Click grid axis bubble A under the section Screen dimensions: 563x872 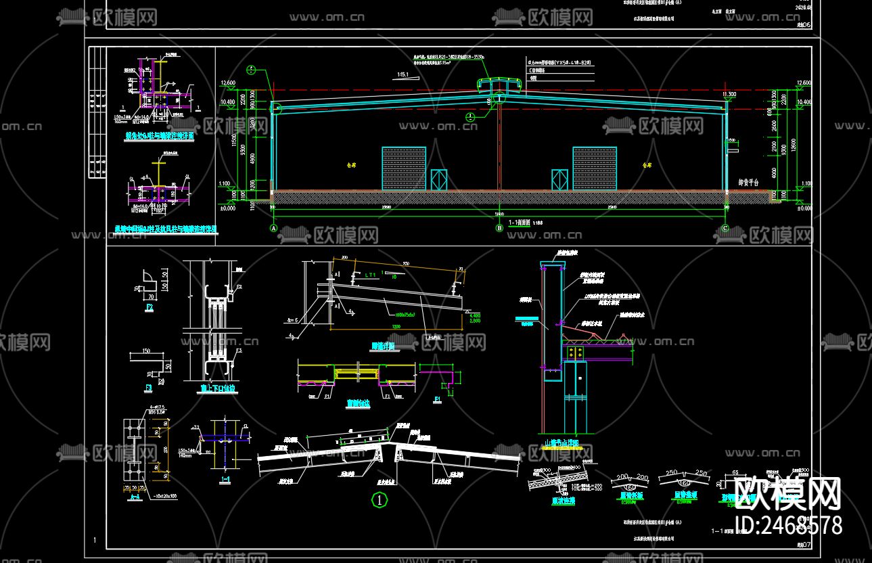coord(275,228)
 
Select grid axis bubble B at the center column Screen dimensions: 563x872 coord(500,228)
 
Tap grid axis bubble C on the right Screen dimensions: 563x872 coord(725,228)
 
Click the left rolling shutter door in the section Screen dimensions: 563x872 coord(405,168)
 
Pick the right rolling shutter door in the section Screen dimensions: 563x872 coord(595,168)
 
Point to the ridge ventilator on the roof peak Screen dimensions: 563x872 coord(499,84)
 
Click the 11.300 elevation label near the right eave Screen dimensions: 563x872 coord(729,94)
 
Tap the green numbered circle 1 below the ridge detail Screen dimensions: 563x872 coord(380,501)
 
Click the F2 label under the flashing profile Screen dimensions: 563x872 coord(150,307)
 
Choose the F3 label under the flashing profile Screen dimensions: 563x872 coord(149,388)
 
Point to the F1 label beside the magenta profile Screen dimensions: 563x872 coord(438,399)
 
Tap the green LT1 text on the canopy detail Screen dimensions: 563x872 coord(369,275)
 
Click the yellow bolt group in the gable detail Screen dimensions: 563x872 coord(576,352)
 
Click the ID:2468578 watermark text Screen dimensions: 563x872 coord(787,525)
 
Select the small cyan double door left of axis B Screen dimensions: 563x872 coord(439,179)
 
